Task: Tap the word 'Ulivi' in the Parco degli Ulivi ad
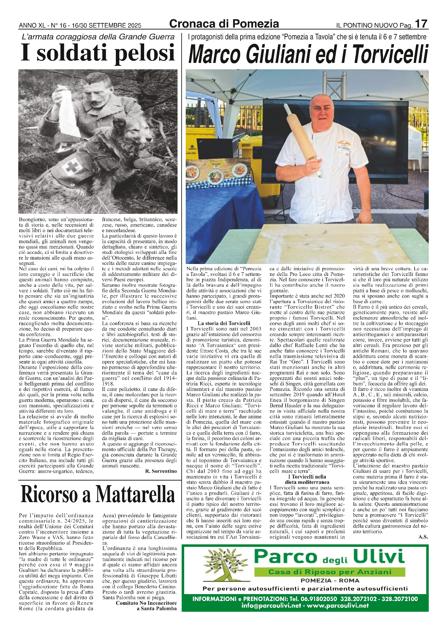(379, 557)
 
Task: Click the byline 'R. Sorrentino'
(161, 471)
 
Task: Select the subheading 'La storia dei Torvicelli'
(224, 323)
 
